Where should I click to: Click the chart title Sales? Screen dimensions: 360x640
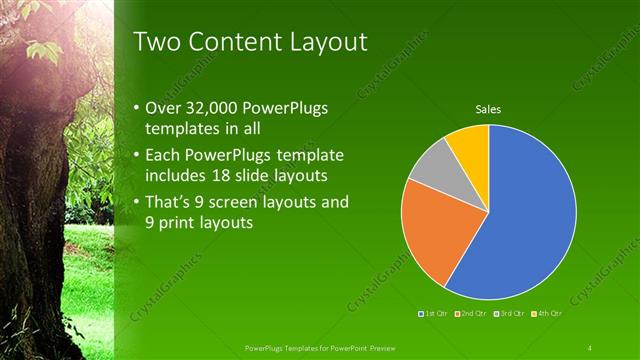click(488, 110)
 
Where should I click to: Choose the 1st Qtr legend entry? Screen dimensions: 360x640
click(431, 314)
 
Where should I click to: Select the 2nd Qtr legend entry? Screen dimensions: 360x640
click(469, 314)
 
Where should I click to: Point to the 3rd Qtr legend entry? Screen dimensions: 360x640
click(510, 314)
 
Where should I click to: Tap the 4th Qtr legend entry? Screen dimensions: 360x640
click(549, 314)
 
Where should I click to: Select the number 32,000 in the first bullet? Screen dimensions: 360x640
click(218, 107)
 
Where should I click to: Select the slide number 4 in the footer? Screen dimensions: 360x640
click(590, 347)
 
